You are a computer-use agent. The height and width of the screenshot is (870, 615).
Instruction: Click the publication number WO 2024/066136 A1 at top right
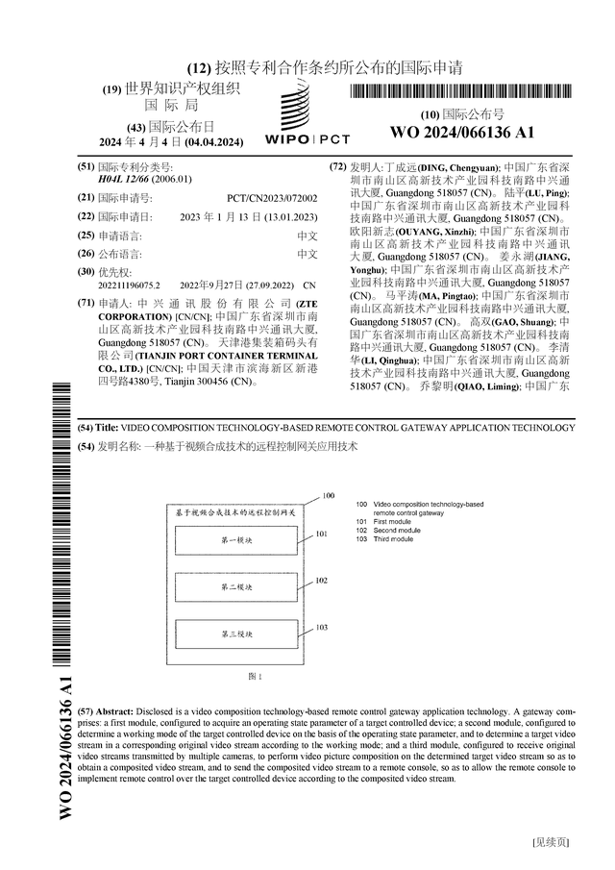tap(462, 133)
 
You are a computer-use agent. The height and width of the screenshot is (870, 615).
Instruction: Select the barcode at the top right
tap(462, 93)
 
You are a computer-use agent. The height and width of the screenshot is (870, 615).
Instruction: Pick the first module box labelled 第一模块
tap(237, 542)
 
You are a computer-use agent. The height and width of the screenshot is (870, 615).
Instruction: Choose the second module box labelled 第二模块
tap(237, 587)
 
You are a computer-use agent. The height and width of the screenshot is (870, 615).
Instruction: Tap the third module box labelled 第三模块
tap(237, 634)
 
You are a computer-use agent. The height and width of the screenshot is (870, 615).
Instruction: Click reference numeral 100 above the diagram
tap(329, 495)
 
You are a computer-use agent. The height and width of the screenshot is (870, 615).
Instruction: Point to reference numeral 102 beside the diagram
tap(322, 581)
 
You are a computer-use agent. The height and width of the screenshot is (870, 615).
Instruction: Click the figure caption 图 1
tap(255, 676)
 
